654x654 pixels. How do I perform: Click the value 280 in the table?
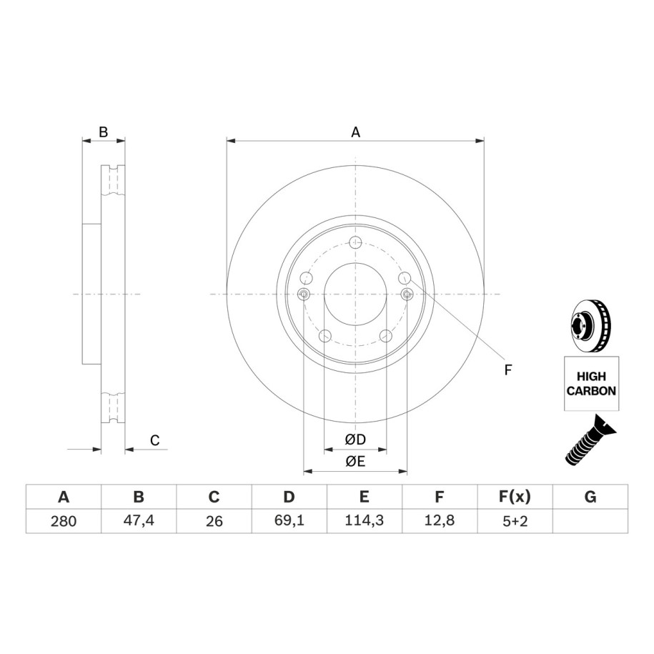[x=64, y=521]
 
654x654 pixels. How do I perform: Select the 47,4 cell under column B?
[x=139, y=520]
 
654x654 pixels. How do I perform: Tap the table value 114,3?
[x=364, y=520]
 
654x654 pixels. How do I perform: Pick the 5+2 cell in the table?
[x=515, y=521]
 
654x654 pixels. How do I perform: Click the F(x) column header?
[x=515, y=497]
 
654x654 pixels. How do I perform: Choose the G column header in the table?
[x=590, y=497]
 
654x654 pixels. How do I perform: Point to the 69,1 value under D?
[x=289, y=520]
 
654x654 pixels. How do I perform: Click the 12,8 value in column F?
[x=439, y=520]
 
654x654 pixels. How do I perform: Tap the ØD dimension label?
[x=355, y=439]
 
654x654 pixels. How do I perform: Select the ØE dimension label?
[x=355, y=461]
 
